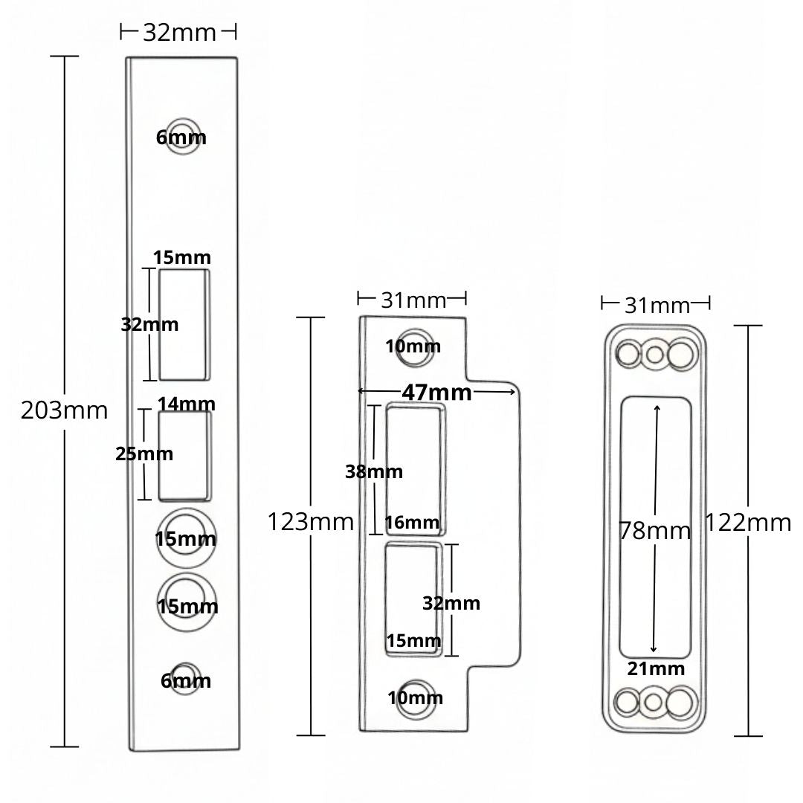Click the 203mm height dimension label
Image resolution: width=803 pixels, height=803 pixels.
coord(64,410)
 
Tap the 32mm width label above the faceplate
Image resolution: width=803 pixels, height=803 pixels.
coord(178,33)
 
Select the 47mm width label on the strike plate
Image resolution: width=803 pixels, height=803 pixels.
coord(436,392)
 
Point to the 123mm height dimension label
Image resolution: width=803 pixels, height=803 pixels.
coord(310,522)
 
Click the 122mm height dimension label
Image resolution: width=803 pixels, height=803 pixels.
coord(747,523)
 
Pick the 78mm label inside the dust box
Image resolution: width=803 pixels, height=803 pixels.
coord(654,530)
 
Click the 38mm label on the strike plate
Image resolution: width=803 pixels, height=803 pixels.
coord(373,471)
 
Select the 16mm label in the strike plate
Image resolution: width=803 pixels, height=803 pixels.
coord(413,523)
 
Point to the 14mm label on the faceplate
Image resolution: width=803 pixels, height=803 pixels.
coord(186,404)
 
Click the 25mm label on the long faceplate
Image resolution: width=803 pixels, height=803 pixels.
coord(143,454)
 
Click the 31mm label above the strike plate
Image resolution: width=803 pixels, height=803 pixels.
coord(413,300)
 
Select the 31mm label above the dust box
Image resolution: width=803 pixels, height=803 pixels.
coord(657,305)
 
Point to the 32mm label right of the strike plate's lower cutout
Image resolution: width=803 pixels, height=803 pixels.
coord(451,603)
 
